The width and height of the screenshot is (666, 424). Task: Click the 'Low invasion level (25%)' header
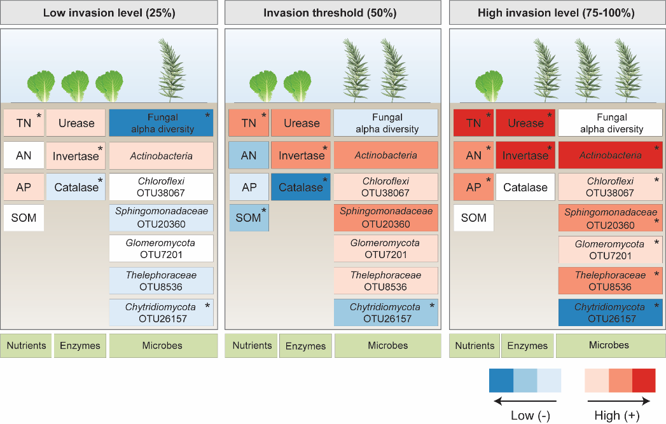click(109, 13)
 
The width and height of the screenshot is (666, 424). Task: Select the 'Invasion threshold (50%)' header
click(333, 13)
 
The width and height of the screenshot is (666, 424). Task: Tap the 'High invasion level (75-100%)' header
click(557, 13)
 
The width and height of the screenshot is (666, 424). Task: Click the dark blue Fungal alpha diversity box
click(162, 123)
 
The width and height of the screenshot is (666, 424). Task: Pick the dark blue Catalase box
click(301, 188)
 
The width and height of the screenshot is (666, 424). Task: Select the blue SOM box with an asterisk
click(249, 217)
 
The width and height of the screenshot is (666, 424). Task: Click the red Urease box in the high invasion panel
click(525, 123)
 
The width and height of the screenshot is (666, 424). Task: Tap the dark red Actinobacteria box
click(611, 155)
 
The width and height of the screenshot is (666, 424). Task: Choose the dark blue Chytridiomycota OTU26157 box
click(611, 312)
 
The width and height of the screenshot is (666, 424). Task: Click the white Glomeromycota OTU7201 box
click(162, 249)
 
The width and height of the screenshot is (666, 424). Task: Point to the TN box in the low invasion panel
click(24, 123)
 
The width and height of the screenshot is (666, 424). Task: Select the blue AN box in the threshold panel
click(249, 155)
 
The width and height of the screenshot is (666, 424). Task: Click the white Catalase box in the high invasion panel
click(525, 188)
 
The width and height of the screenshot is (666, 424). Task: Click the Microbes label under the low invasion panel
click(162, 346)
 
